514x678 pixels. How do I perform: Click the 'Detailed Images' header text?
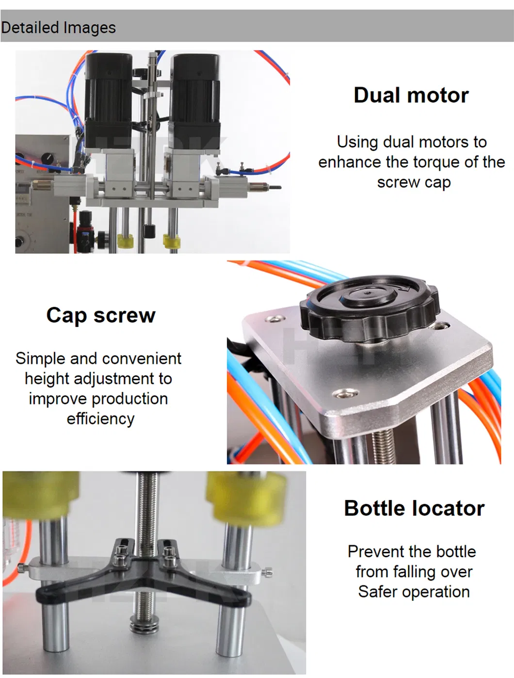[x=58, y=28]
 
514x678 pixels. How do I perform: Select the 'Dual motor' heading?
[x=411, y=95]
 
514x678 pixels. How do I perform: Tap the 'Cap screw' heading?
[x=101, y=315]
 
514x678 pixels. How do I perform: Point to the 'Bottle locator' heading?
[x=414, y=508]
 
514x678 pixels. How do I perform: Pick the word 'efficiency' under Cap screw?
[x=100, y=419]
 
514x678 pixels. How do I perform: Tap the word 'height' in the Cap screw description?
[x=48, y=378]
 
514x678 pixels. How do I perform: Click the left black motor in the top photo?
[x=108, y=99]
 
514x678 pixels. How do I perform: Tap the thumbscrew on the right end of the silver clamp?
[x=268, y=573]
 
